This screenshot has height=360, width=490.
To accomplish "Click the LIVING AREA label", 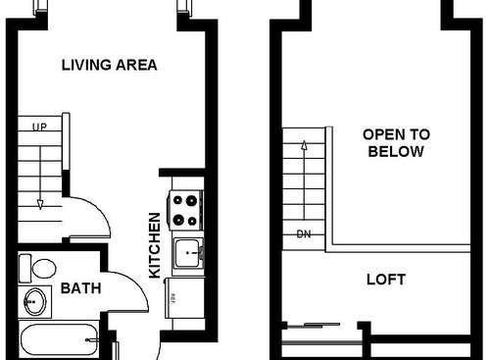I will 109,66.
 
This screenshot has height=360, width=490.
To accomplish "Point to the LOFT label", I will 385,280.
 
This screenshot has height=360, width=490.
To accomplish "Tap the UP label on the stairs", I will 40,127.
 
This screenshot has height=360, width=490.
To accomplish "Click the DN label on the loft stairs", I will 302,234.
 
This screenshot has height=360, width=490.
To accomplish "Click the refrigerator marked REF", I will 183,296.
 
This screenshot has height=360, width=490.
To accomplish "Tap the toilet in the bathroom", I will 40,267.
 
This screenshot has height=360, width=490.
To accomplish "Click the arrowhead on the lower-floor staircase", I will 40,204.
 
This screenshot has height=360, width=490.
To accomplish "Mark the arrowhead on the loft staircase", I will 303,146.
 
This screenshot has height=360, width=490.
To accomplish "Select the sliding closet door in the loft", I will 310,325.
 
